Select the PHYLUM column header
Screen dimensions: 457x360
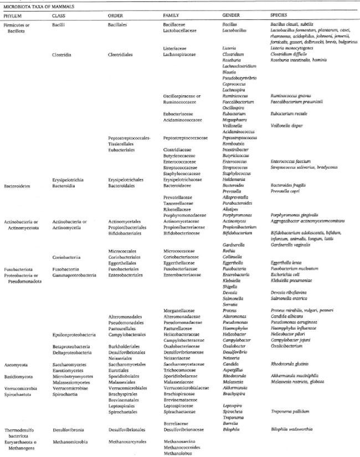coord(14,15)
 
